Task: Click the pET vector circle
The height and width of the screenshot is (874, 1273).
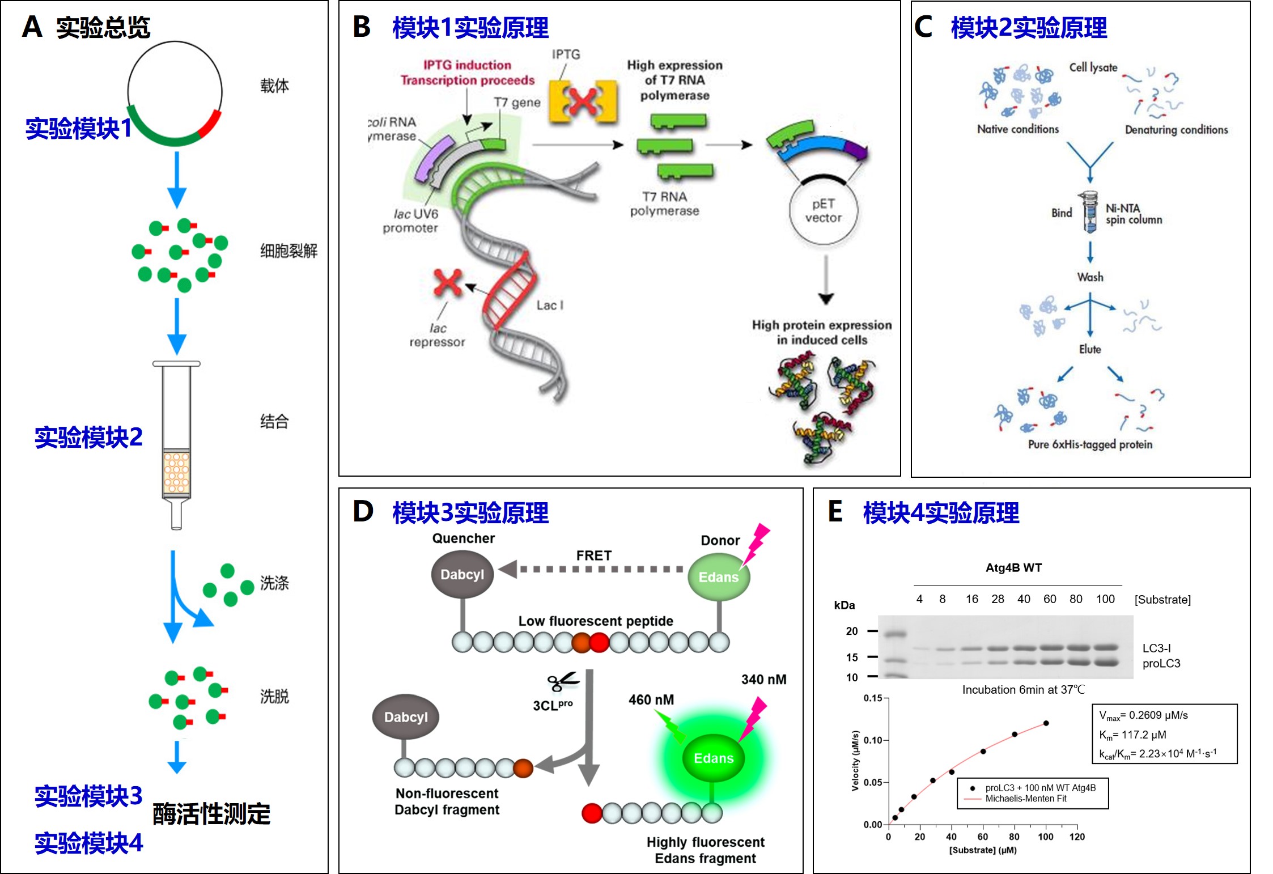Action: click(x=823, y=211)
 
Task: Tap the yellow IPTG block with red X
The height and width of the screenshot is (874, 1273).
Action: click(x=583, y=102)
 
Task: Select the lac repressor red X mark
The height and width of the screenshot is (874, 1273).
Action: click(x=447, y=282)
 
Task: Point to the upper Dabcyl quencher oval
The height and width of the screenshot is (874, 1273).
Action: click(x=462, y=574)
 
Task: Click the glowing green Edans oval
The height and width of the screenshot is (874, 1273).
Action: click(x=714, y=758)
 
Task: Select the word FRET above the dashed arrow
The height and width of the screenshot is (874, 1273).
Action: click(x=593, y=555)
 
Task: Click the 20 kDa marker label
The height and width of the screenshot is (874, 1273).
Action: click(x=851, y=631)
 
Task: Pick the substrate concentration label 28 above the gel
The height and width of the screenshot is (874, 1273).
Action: click(x=998, y=599)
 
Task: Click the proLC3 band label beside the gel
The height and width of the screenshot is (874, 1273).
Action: click(x=1161, y=663)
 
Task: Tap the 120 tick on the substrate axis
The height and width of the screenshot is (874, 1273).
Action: click(x=1077, y=837)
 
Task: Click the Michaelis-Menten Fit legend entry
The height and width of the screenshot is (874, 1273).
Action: click(x=1025, y=799)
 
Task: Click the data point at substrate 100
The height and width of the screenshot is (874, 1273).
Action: click(x=1046, y=723)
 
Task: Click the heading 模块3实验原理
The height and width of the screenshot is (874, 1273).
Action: click(x=470, y=513)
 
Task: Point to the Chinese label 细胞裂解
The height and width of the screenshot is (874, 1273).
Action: click(x=288, y=251)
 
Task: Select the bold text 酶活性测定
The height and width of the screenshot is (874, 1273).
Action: click(x=211, y=814)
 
